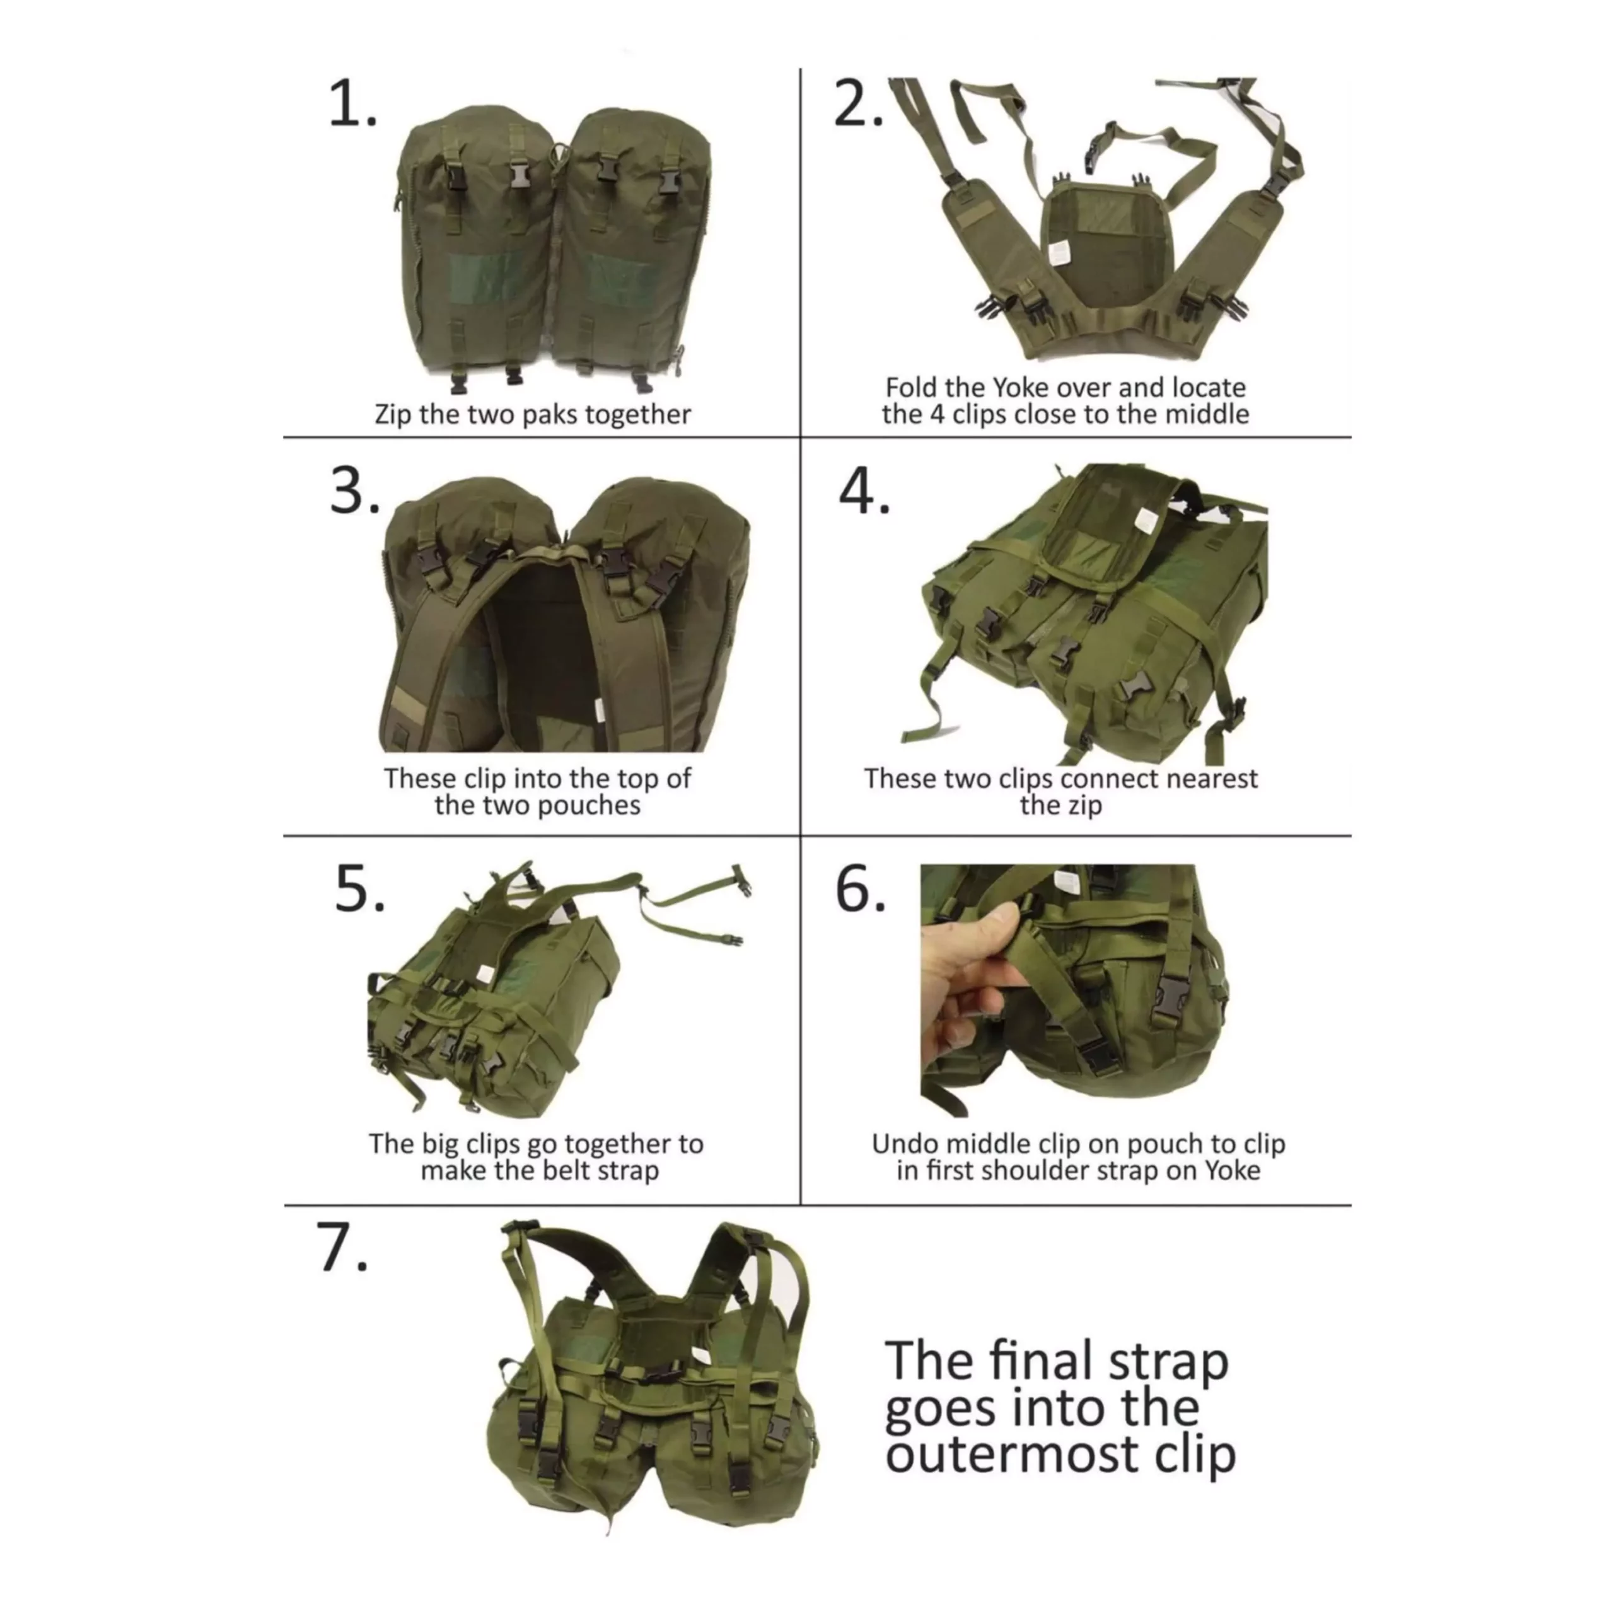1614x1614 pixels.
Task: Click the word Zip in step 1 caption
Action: pos(393,415)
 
